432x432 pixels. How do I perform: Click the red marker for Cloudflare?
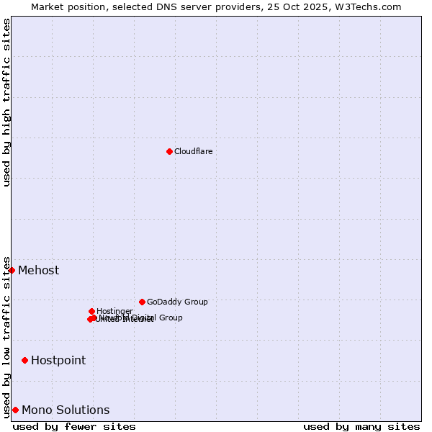click(x=169, y=151)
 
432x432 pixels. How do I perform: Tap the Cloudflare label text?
click(x=193, y=151)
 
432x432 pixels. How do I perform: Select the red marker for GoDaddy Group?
click(x=142, y=302)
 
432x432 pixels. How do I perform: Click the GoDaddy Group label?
click(x=177, y=302)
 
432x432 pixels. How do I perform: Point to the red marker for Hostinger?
click(x=91, y=311)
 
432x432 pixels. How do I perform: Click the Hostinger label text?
click(x=114, y=311)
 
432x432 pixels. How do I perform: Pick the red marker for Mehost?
click(x=12, y=270)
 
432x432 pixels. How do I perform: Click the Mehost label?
click(x=38, y=271)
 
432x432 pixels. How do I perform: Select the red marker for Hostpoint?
click(x=24, y=360)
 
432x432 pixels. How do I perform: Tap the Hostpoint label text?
click(x=58, y=360)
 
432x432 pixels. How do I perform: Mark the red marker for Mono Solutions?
click(x=15, y=410)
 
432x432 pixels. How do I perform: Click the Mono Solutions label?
click(x=66, y=410)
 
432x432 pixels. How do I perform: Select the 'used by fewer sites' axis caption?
click(x=74, y=426)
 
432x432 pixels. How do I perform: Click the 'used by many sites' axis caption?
click(x=361, y=426)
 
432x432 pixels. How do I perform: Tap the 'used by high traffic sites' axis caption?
click(x=6, y=102)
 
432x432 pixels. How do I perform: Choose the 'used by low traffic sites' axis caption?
click(x=6, y=337)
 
